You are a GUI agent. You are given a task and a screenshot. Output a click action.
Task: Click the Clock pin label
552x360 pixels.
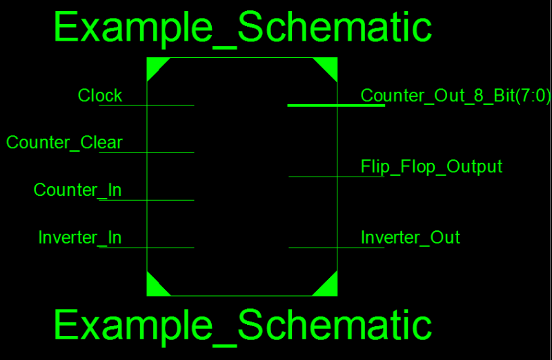pos(100,95)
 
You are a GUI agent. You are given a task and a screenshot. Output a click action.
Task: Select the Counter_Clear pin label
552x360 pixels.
pos(64,143)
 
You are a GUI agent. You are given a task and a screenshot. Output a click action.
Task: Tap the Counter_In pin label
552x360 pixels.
pos(77,190)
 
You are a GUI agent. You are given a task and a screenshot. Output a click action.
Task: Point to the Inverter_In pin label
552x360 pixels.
pos(80,238)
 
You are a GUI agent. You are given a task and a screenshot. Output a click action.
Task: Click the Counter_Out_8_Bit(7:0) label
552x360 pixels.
pos(455,96)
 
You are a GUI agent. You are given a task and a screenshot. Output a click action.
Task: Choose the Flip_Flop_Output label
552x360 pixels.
pos(431,166)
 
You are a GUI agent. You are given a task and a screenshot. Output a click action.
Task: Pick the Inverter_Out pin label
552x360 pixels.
pos(410,238)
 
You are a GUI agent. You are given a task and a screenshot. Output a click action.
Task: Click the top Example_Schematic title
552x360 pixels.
pos(243,28)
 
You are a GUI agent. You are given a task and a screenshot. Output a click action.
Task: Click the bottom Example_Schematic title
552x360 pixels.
pos(243,325)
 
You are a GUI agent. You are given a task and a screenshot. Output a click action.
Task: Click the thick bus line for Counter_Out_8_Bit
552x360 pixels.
pos(335,106)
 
